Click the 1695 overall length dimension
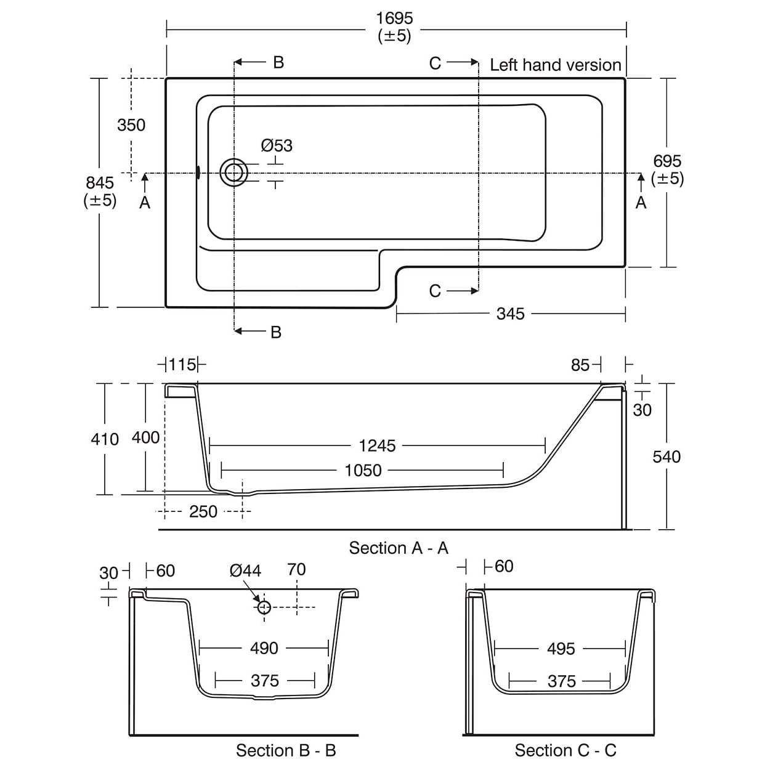[x=394, y=19]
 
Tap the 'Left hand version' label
[x=555, y=65]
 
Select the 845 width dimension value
[x=100, y=183]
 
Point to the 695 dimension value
[x=667, y=161]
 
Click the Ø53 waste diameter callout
[x=277, y=146]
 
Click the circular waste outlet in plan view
[x=233, y=172]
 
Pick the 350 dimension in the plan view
[x=131, y=125]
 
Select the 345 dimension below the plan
[x=510, y=314]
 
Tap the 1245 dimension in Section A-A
[x=377, y=446]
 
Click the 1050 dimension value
[x=363, y=471]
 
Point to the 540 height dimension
[x=667, y=457]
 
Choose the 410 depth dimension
[x=105, y=439]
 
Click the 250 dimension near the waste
[x=203, y=512]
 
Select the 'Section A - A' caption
[x=399, y=548]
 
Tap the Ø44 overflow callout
[x=245, y=571]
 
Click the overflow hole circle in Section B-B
[x=264, y=607]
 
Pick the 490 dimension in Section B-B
[x=264, y=648]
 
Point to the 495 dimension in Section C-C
[x=561, y=649]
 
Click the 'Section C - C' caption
[x=565, y=750]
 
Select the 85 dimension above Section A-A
[x=580, y=365]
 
